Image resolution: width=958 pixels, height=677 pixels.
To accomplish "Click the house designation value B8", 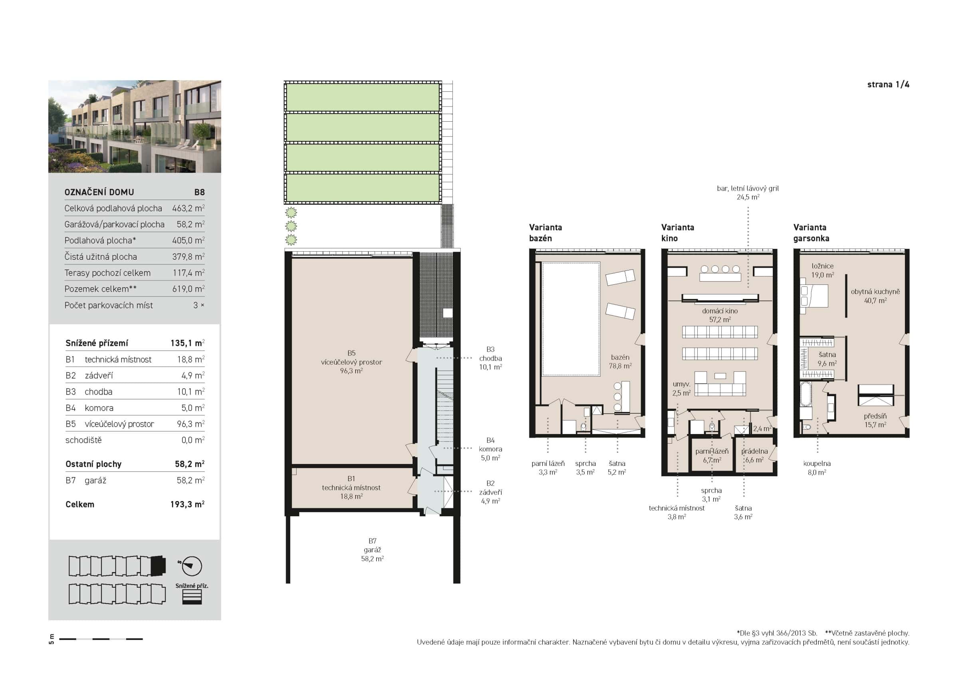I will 199,192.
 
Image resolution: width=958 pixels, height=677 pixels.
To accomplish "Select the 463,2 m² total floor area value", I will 188,208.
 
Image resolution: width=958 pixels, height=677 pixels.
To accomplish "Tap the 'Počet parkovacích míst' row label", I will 109,305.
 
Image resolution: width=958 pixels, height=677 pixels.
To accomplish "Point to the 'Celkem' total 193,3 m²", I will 187,504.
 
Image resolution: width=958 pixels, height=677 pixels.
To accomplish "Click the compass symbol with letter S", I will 192,566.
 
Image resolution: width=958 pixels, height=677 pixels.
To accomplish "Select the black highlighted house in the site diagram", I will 158,566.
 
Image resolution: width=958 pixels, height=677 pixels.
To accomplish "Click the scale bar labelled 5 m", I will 101,639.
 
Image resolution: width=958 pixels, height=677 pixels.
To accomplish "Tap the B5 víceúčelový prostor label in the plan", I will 351,362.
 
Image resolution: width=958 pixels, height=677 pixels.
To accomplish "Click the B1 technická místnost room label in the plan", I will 351,487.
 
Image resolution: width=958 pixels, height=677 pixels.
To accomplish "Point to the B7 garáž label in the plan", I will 372,550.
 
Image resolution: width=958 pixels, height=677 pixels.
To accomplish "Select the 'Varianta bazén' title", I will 545,233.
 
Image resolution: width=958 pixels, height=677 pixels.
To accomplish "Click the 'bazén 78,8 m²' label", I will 620,361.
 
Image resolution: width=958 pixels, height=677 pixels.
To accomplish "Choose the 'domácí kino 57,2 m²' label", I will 720,315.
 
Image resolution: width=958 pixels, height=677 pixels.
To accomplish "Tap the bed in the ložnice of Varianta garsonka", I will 814,296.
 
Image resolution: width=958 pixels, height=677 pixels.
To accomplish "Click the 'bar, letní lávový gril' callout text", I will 748,189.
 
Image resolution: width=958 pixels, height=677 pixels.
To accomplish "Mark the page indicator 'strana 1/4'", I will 888,85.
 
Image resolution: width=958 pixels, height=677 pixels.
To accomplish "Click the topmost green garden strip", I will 362,97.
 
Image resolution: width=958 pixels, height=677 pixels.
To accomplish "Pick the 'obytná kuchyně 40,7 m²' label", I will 875,296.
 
